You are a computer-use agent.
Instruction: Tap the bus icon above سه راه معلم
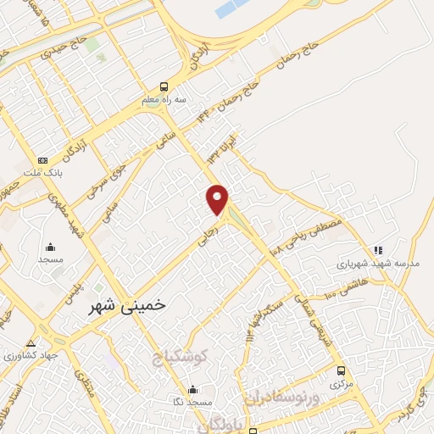click(x=164, y=86)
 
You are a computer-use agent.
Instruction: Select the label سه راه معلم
click(x=162, y=99)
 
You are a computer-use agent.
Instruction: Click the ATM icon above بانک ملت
click(x=43, y=159)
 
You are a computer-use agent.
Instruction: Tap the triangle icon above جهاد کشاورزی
click(x=31, y=343)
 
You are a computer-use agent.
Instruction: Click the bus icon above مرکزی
click(x=341, y=370)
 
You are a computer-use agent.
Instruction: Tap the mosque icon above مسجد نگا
click(x=193, y=390)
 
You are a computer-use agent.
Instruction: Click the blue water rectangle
click(x=230, y=9)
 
